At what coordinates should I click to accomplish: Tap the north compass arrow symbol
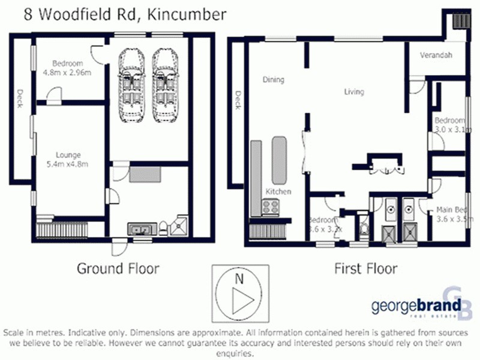pyautogui.click(x=238, y=298)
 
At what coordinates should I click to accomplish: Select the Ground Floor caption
pyautogui.click(x=118, y=268)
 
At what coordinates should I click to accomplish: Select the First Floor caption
pyautogui.click(x=365, y=268)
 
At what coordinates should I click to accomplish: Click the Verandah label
pyautogui.click(x=436, y=56)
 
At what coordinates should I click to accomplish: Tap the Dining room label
pyautogui.click(x=274, y=79)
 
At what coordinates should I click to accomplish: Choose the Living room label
pyautogui.click(x=353, y=92)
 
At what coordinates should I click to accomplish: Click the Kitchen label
pyautogui.click(x=278, y=191)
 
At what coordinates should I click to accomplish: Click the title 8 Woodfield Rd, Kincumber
pyautogui.click(x=125, y=14)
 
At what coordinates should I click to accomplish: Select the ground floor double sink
pyautogui.click(x=139, y=228)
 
